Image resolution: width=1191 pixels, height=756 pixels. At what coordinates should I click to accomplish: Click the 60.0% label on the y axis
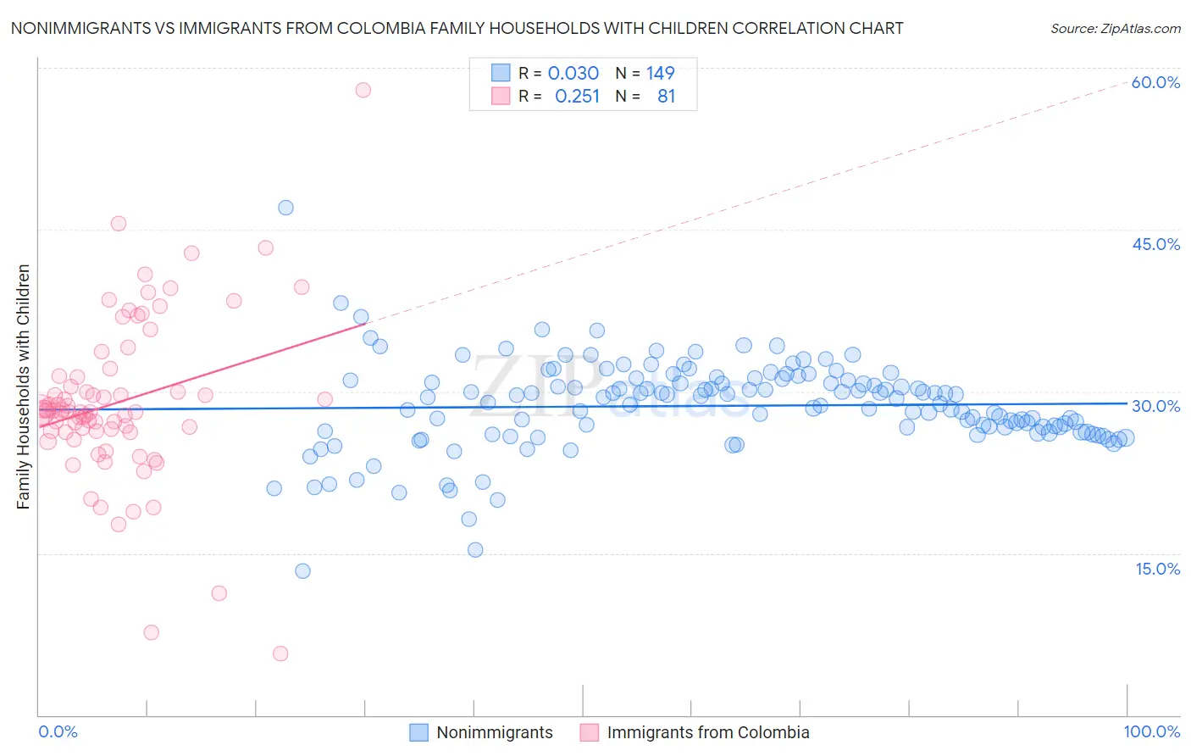[x=1155, y=82]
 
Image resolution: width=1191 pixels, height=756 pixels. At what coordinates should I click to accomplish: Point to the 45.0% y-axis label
[x=1155, y=244]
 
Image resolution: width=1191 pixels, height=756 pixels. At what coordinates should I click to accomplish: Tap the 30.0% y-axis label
[x=1155, y=406]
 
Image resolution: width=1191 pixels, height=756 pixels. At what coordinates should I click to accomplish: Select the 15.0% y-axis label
[x=1157, y=569]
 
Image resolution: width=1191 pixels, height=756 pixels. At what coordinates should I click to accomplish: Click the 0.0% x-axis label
[x=58, y=731]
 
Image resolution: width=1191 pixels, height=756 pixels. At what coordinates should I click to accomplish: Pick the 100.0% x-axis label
[x=1151, y=731]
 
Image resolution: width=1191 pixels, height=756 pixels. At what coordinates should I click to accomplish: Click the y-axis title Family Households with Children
[x=23, y=386]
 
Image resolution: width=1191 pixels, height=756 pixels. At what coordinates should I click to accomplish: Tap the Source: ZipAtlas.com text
[x=1115, y=28]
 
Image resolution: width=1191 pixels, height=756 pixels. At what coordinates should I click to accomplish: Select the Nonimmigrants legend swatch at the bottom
[x=418, y=732]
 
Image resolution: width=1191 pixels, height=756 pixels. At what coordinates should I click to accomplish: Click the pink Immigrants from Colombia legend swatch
[x=590, y=732]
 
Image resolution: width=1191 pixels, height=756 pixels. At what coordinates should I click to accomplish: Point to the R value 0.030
[x=573, y=73]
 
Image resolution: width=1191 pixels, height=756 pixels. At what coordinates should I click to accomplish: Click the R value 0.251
[x=577, y=96]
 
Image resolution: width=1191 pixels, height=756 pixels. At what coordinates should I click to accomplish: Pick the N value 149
[x=660, y=73]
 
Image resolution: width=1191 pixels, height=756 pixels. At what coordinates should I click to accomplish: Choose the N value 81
[x=666, y=96]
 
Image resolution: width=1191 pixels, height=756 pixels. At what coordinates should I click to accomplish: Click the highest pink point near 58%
[x=363, y=90]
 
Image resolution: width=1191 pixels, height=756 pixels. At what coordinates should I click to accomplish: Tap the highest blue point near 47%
[x=285, y=208]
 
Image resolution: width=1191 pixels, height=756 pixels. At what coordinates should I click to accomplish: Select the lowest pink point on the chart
[x=280, y=653]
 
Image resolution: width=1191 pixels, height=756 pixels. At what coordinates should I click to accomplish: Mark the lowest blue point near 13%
[x=302, y=571]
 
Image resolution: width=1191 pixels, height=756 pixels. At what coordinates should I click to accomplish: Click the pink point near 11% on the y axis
[x=219, y=593]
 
